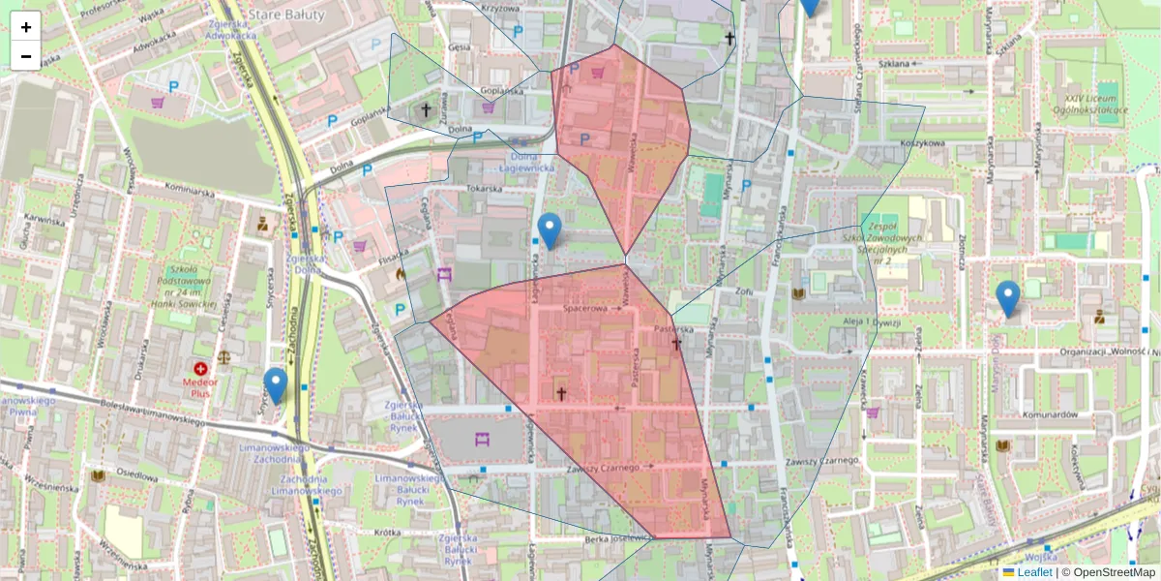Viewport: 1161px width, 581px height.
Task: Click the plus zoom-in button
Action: click(26, 27)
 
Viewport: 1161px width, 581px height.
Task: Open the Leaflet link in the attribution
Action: click(1033, 572)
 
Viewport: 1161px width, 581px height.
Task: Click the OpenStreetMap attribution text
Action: click(1114, 572)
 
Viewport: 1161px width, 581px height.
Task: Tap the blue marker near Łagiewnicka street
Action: click(550, 230)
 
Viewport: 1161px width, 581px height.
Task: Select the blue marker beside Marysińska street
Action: click(1008, 298)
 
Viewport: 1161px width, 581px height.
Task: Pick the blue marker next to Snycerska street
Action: click(276, 385)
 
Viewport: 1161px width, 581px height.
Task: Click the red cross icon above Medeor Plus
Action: click(200, 369)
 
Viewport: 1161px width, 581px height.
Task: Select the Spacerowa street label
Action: click(586, 309)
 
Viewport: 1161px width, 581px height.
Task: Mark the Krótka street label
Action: click(387, 533)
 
